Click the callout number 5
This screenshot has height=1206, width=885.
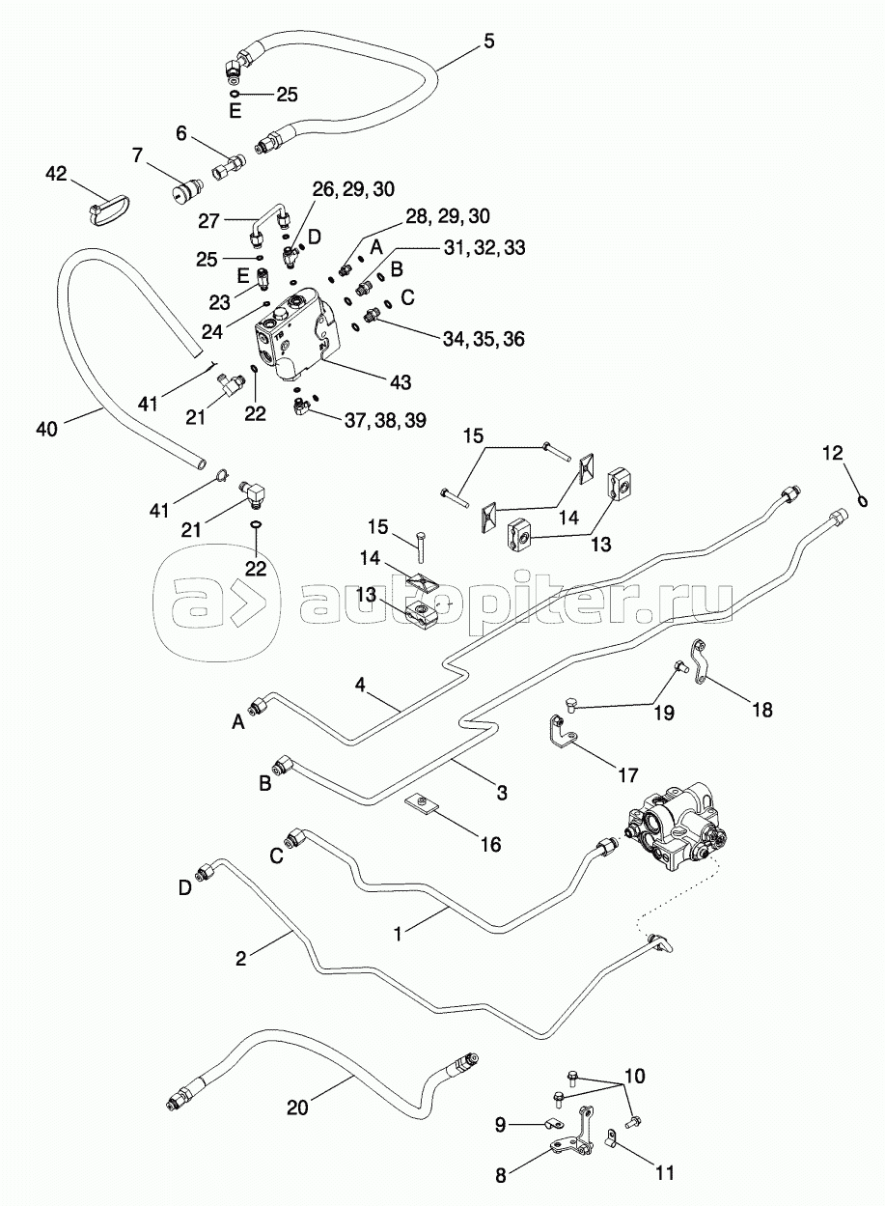point(488,41)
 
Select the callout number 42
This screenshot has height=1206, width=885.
point(57,174)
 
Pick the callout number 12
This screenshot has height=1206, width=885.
point(832,453)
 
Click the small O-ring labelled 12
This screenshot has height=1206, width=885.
point(863,499)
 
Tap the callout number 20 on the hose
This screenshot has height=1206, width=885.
point(296,1107)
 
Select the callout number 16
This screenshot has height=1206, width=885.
point(490,844)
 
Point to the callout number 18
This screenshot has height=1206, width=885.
point(761,710)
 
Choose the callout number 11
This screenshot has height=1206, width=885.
point(664,1173)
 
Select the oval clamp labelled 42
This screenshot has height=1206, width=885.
point(105,211)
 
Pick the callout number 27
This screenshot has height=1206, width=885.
point(208,220)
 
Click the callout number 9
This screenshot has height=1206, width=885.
point(501,1123)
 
